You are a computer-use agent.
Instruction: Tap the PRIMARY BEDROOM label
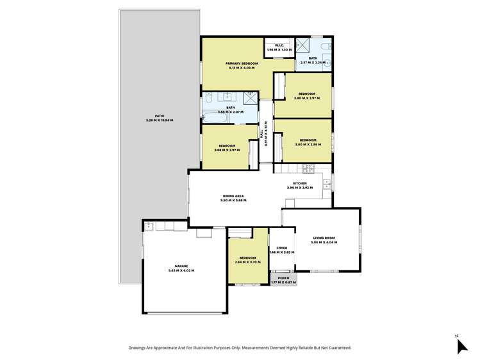(x=241, y=63)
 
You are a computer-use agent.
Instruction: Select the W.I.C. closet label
(x=279, y=45)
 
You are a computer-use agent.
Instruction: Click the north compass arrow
(x=461, y=345)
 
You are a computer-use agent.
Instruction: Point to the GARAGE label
(x=181, y=266)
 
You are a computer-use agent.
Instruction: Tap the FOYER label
(x=281, y=248)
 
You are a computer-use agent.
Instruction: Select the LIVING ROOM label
(x=324, y=238)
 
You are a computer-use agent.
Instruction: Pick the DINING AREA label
(x=233, y=196)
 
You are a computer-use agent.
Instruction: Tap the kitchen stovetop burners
(x=306, y=169)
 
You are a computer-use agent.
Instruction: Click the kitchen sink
(x=326, y=184)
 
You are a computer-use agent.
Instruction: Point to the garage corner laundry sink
(x=149, y=225)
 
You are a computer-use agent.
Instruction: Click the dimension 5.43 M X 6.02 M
(x=181, y=271)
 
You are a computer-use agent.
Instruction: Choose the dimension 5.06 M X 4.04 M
(x=324, y=243)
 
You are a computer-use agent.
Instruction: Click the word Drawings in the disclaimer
(x=138, y=348)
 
